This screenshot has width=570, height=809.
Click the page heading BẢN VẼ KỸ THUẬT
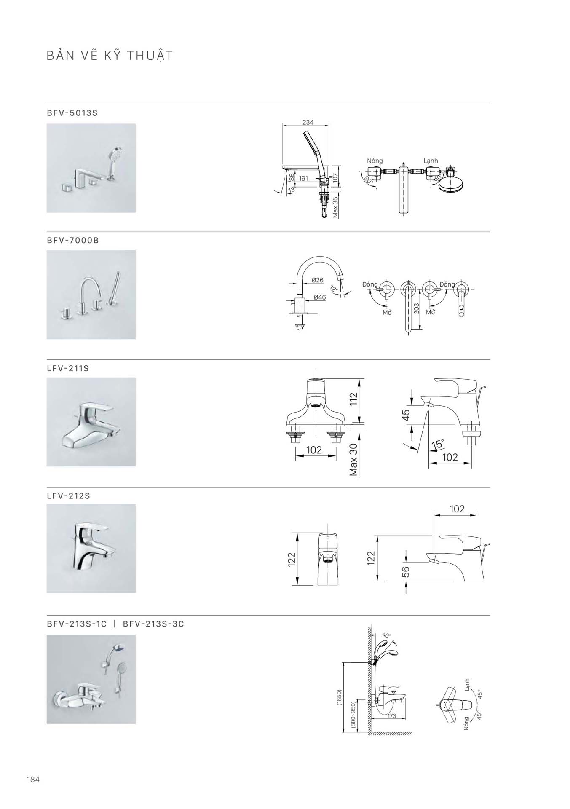[110, 56]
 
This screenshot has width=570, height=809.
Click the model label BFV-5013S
[72, 113]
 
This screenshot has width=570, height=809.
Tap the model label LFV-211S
[68, 368]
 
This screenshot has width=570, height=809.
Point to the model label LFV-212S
[69, 496]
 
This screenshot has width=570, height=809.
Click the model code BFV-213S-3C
[153, 624]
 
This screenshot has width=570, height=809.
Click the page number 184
[33, 780]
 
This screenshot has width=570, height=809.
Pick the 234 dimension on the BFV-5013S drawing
[308, 122]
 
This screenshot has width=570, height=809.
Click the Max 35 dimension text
[335, 207]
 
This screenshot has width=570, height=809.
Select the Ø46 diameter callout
[320, 297]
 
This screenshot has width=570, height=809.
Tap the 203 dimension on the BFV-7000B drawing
[417, 308]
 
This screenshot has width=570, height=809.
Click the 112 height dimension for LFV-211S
[353, 399]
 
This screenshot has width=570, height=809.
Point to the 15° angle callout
[438, 444]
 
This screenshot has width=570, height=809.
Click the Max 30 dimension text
[353, 460]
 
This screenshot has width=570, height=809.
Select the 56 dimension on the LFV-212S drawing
[405, 571]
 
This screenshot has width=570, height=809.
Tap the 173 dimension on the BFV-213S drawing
[392, 716]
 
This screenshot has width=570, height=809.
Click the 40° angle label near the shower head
[386, 635]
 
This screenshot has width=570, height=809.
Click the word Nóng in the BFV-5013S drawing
[375, 161]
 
